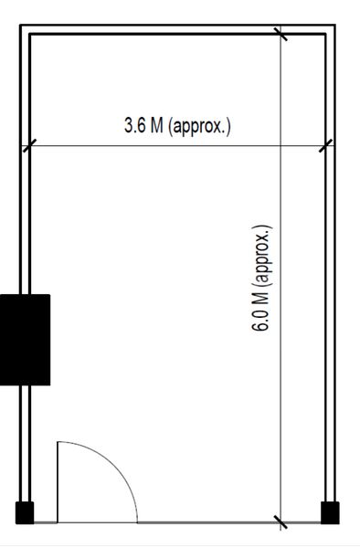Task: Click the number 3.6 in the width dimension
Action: coord(135,126)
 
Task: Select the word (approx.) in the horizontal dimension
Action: coord(199,126)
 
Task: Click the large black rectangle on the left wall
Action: coord(25,339)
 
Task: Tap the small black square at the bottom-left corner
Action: coord(25,512)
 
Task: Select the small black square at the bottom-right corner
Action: coord(330,512)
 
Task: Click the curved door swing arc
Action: coord(117,466)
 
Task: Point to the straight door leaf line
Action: coord(58,482)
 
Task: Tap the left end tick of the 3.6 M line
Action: coord(29,145)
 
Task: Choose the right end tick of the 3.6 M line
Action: coord(325,145)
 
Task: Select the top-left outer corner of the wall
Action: coord(20,26)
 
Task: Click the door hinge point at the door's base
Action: coord(58,522)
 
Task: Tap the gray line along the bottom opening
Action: coord(183,523)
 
